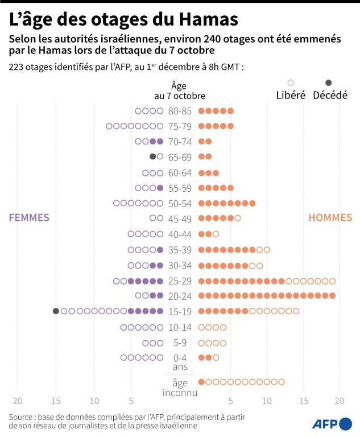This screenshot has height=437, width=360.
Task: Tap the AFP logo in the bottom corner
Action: coord(332,423)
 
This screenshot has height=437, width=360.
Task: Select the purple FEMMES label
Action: coord(28,217)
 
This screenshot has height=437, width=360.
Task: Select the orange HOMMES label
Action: coord(330,217)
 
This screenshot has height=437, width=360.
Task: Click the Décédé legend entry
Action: coord(330,94)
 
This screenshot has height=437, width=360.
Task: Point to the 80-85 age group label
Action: coord(180,111)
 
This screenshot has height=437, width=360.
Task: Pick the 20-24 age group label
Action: coord(180,296)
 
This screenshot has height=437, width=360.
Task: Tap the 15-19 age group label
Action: coord(180,311)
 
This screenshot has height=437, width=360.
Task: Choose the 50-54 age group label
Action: coord(180,203)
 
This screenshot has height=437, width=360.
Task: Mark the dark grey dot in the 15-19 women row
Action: coord(56,311)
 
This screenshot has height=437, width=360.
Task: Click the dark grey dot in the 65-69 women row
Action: coord(152,156)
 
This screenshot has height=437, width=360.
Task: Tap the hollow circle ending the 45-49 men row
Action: coord(238,218)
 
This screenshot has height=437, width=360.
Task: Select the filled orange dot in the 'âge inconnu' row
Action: coord(201,382)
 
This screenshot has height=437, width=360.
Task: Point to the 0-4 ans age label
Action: coord(180,362)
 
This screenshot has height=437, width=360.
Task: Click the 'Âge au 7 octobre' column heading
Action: coord(180,90)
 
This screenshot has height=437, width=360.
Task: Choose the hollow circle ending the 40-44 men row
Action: coord(216,234)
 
